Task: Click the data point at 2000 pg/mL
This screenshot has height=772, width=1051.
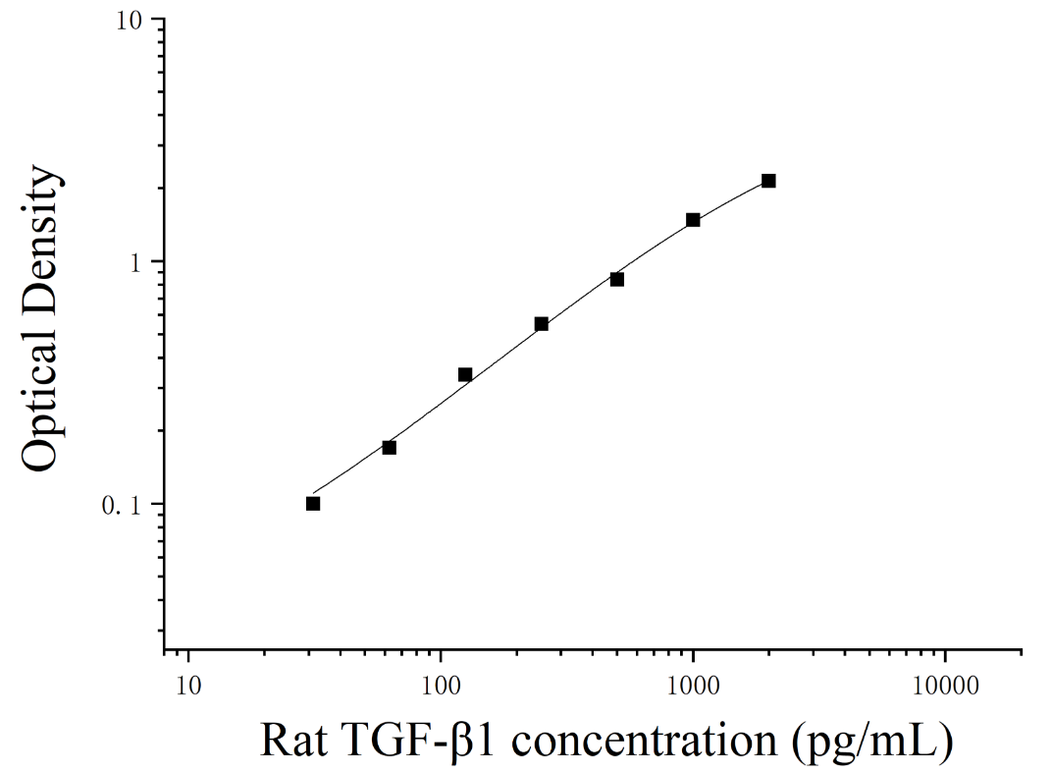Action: pos(768,181)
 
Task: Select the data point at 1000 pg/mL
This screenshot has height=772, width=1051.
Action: pos(693,220)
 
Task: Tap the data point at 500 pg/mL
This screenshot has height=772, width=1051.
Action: pos(617,279)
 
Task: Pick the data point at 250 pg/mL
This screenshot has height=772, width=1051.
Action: pos(542,324)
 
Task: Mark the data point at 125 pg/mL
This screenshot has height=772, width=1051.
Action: pos(465,374)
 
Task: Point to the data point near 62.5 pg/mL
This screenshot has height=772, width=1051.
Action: pos(390,447)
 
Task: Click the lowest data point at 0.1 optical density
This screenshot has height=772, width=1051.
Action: pos(313,504)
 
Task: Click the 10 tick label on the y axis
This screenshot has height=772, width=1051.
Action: pos(131,20)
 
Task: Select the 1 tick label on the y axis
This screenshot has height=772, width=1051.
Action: pos(137,262)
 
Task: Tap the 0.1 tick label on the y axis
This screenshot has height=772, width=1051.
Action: pos(122,506)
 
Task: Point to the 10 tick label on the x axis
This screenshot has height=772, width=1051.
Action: pos(188,687)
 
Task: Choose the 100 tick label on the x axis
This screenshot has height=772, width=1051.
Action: pos(441,687)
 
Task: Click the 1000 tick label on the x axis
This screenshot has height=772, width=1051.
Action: pos(693,687)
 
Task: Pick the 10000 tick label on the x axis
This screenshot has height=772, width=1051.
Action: pos(945,687)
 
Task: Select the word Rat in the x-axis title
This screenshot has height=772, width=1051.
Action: pos(293,741)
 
